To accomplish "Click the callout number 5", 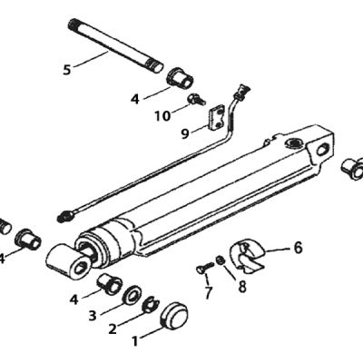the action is pyautogui.click(x=67, y=70).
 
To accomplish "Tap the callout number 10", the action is pyautogui.click(x=162, y=115).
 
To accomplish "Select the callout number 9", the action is pyautogui.click(x=185, y=133).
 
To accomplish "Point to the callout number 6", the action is pyautogui.click(x=298, y=248).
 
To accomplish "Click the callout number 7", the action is pyautogui.click(x=208, y=293).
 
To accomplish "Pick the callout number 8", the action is pyautogui.click(x=242, y=287).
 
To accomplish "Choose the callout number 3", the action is pyautogui.click(x=93, y=316).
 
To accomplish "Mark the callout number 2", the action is pyautogui.click(x=113, y=329).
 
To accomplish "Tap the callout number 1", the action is pyautogui.click(x=135, y=341).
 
